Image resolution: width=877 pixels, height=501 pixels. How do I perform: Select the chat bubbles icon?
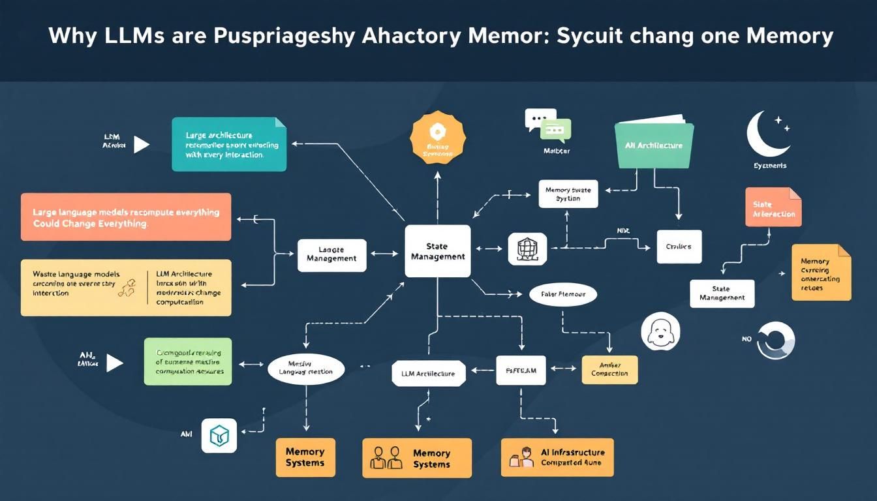(547, 125)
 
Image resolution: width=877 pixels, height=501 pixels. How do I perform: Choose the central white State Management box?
(437, 251)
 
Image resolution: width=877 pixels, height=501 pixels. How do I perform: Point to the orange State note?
(773, 207)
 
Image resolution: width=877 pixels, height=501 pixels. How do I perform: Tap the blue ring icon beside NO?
(776, 341)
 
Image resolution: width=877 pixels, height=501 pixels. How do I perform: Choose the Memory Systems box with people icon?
(416, 458)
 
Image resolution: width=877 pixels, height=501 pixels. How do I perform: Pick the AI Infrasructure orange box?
(557, 457)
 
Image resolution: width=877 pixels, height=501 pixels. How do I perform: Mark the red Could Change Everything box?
(126, 217)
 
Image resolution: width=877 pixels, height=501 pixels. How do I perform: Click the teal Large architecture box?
(229, 144)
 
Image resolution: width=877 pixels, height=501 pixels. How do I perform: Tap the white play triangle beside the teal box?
(141, 144)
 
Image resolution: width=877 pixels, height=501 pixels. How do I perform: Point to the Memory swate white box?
(568, 194)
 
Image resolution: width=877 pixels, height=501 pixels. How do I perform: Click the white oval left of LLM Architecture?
(305, 369)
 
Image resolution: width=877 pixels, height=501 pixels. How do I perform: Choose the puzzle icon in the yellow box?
(127, 288)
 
